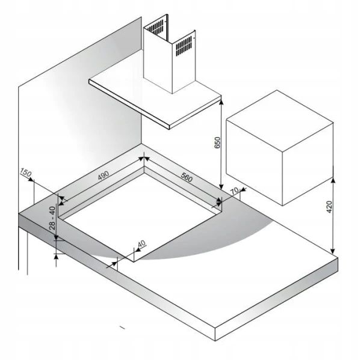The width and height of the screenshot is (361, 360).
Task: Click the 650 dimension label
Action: click(x=217, y=142)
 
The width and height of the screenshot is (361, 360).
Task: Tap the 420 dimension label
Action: click(x=329, y=207)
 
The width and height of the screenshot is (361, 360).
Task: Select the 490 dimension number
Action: click(x=103, y=175)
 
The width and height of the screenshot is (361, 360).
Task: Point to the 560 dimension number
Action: click(x=187, y=177)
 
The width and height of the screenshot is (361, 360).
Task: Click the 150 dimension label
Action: click(x=25, y=172)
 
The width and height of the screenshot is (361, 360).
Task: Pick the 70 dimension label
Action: click(x=235, y=191)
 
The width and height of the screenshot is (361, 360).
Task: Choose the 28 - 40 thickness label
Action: click(x=52, y=218)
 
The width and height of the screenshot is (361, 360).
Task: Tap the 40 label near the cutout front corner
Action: click(x=141, y=243)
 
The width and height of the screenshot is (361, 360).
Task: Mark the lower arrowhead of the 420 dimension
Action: click(x=333, y=251)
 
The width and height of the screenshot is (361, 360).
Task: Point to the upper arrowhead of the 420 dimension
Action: click(x=333, y=181)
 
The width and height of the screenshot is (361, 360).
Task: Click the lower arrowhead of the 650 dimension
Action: click(x=221, y=186)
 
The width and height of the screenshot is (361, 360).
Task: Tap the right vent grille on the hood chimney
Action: click(x=184, y=46)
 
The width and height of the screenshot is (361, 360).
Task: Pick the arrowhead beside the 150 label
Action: click(x=31, y=179)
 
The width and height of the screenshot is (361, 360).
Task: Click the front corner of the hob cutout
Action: click(x=134, y=262)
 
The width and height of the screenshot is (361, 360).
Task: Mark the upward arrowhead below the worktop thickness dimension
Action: click(x=56, y=257)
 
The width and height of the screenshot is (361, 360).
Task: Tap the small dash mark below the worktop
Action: click(x=122, y=328)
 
